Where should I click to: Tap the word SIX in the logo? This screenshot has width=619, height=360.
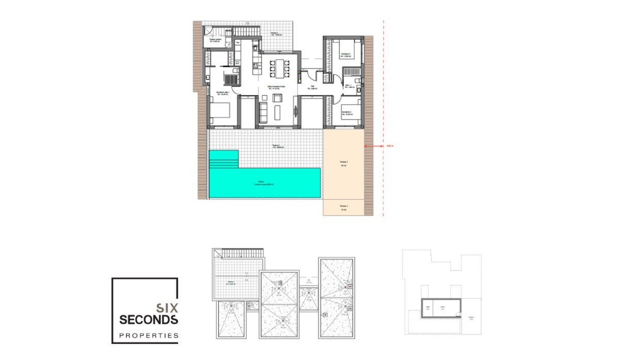point(167,308)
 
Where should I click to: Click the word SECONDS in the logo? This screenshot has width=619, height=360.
point(149,320)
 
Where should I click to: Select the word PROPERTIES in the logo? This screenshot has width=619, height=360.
point(149,336)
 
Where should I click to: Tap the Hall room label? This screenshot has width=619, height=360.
point(313,87)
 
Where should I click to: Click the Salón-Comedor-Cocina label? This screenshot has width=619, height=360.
point(277,87)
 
